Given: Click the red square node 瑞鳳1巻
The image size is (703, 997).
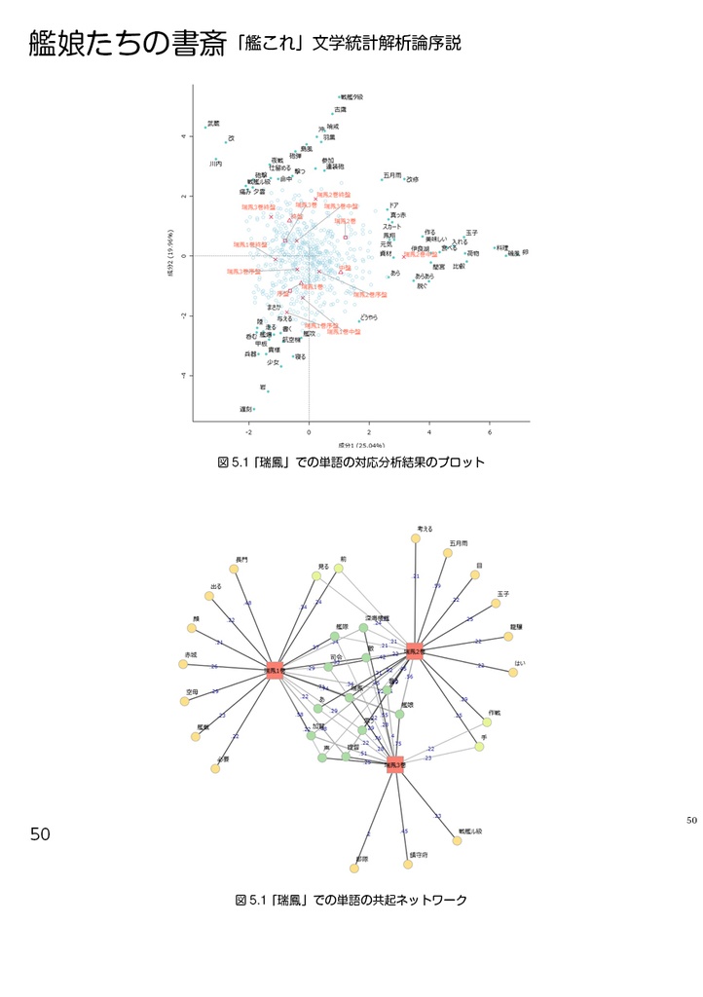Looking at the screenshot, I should [276, 671].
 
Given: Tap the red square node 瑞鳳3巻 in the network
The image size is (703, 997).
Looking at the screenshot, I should [394, 765].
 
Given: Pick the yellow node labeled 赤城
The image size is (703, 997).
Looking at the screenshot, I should [183, 665].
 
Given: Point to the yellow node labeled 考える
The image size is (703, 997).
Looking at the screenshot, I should [416, 537].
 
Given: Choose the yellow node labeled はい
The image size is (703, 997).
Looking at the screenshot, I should [513, 672].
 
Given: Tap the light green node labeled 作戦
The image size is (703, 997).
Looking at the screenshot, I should [487, 721].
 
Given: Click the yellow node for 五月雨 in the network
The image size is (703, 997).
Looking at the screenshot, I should [448, 553].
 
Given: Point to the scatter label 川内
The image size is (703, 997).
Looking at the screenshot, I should [216, 165].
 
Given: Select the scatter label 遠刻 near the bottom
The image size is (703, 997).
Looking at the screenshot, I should [246, 409].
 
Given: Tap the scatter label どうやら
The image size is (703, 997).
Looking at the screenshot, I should [369, 317].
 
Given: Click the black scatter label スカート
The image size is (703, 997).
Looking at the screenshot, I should [392, 226].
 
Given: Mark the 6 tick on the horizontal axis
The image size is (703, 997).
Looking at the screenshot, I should [490, 431].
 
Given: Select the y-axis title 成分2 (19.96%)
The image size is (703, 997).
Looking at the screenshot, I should [170, 255].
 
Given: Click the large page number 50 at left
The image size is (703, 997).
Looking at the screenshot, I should [40, 834].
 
